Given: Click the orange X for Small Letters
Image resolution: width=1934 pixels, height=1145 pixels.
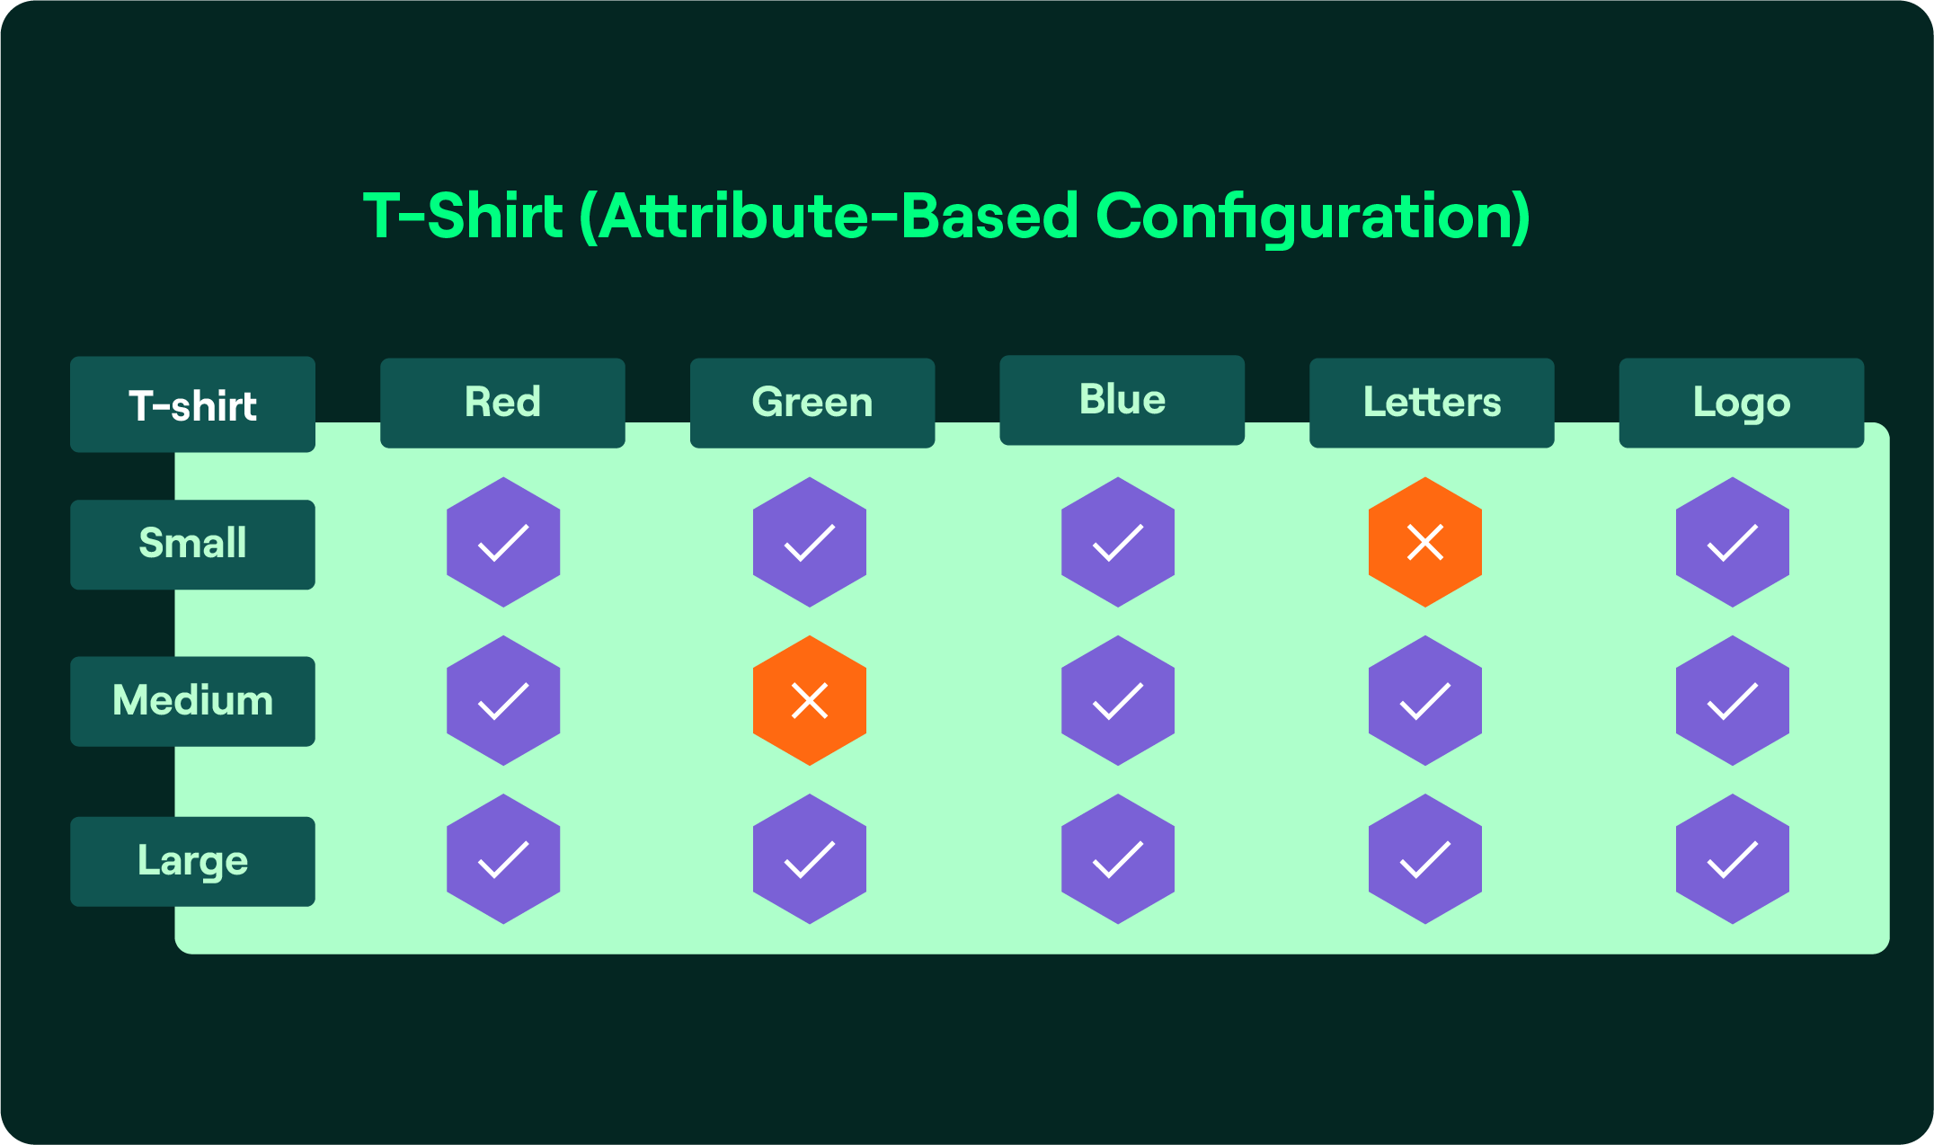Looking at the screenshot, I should pos(1424,542).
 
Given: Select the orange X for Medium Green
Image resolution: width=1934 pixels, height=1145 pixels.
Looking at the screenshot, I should pos(809,701).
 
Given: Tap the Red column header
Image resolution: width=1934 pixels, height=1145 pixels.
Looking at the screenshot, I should pos(502,403).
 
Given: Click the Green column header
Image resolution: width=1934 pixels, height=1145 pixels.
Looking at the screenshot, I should pos(812,403).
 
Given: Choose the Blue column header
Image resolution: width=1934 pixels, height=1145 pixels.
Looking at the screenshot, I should pos(1122,400).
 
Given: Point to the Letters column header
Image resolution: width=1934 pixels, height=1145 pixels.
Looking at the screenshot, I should pos(1432,403).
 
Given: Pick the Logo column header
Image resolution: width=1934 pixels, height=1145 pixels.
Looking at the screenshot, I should pos(1741,403).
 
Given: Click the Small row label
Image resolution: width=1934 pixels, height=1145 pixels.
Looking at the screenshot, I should pos(192,545).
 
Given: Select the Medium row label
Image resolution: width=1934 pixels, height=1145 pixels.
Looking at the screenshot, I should pos(192,701).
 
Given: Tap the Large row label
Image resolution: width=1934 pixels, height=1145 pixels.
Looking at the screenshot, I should pos(192,861).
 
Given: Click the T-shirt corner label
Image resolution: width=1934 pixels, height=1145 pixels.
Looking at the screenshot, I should pos(192,404).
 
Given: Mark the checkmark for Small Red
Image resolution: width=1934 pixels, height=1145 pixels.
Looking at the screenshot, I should pos(503,542).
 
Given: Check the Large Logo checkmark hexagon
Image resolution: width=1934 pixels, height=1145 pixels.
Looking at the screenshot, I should pos(1732,859).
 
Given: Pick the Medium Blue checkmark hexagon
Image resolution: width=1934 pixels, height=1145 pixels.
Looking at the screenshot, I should pos(1117,701).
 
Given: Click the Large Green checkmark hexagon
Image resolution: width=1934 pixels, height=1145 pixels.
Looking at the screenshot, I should pos(809,859).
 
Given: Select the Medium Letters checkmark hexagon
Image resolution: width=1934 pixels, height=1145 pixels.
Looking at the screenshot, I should pos(1424,701).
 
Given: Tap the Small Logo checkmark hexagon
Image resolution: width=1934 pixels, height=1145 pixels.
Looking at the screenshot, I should pos(1732,542).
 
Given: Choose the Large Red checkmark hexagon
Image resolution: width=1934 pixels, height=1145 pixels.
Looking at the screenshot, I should pos(503,859).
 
